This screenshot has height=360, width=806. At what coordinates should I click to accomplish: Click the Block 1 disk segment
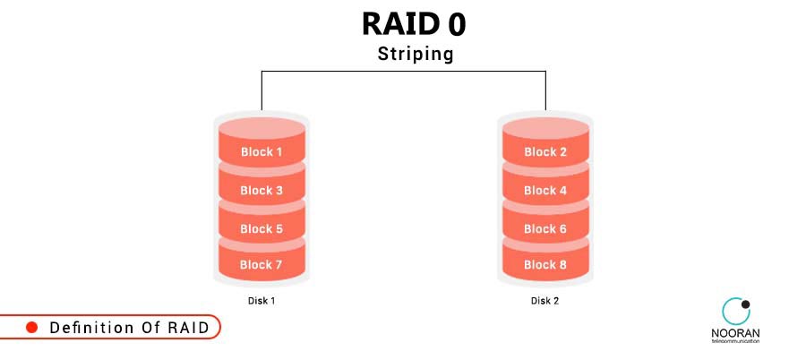[x=262, y=152]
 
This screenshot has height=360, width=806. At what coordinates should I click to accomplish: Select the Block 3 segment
[x=262, y=190]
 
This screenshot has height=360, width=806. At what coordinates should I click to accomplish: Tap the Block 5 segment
[x=262, y=228]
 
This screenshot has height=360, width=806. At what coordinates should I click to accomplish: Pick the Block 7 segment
[x=262, y=264]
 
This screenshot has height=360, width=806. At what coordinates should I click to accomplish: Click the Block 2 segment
[x=545, y=152]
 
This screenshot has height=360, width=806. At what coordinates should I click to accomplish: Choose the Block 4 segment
[x=545, y=190]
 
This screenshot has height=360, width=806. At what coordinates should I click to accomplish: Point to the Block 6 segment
[x=545, y=228]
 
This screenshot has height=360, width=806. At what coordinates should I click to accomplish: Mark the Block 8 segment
[x=545, y=264]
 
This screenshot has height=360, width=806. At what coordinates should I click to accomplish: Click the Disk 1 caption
[x=262, y=301]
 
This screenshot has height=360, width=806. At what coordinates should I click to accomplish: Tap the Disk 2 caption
[x=544, y=301]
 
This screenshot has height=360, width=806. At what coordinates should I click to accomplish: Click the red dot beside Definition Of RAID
[x=31, y=328]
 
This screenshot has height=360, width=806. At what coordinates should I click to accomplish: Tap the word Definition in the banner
[x=88, y=328]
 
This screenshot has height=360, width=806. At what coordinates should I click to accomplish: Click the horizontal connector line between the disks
[x=403, y=70]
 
